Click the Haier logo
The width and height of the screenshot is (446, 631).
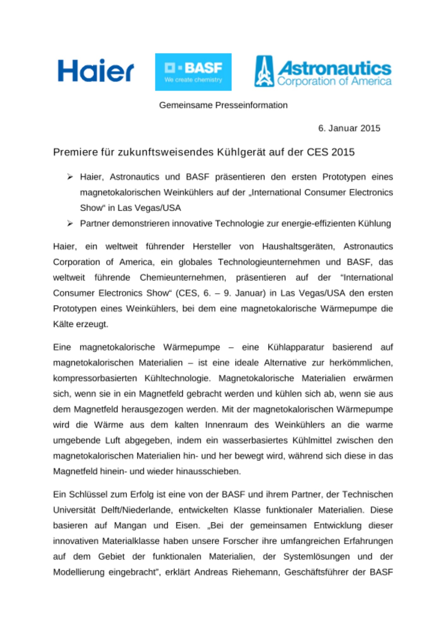click(96, 70)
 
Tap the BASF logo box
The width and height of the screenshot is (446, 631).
click(193, 72)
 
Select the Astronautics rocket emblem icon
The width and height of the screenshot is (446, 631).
click(264, 71)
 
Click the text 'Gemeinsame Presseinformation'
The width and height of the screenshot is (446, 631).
click(223, 105)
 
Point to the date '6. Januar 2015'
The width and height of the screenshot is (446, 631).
click(349, 128)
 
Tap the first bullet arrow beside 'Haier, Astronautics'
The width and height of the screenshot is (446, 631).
click(70, 177)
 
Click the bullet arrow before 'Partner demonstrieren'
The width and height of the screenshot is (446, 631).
click(70, 223)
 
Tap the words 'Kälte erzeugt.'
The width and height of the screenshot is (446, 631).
click(80, 324)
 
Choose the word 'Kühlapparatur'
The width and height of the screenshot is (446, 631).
click(296, 347)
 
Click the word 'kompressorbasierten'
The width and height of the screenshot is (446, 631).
click(95, 378)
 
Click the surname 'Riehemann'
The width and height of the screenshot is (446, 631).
click(256, 572)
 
